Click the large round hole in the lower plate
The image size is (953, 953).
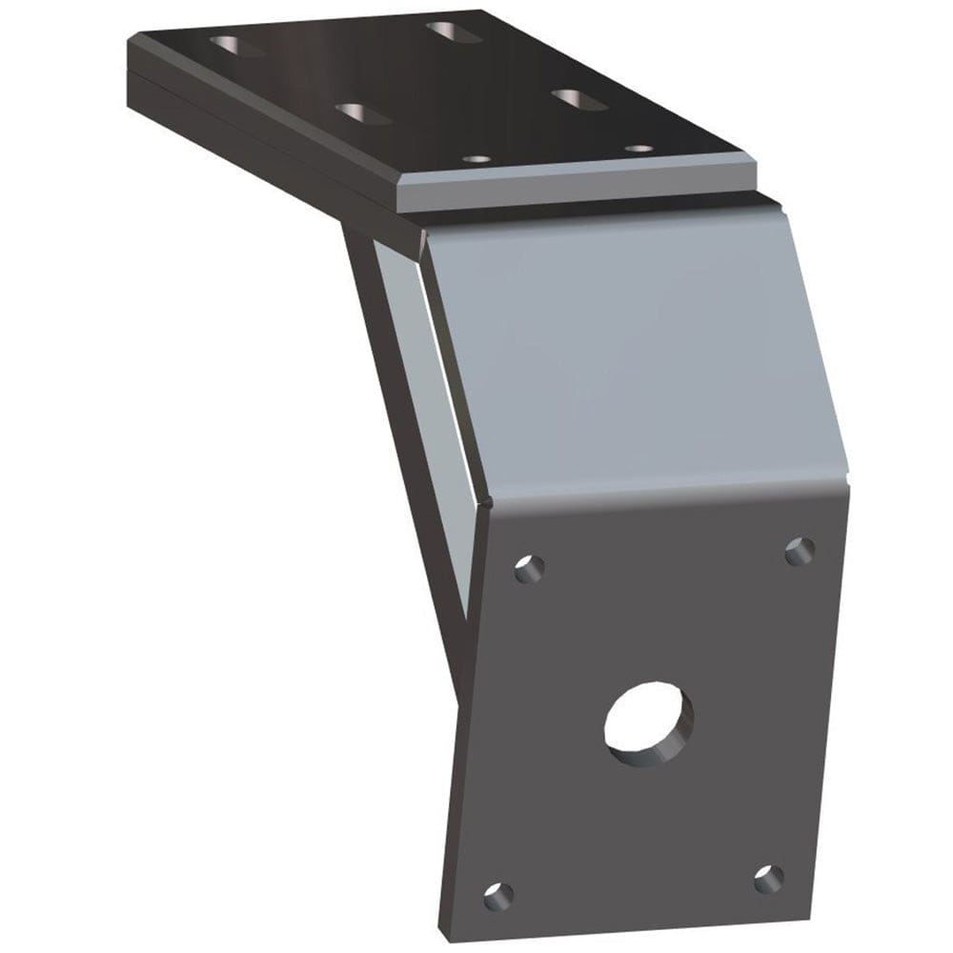point(649,723)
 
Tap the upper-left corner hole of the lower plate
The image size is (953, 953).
point(529,570)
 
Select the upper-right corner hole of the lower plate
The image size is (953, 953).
point(800,551)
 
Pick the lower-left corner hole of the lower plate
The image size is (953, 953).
point(497,896)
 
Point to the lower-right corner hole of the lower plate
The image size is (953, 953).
point(768,879)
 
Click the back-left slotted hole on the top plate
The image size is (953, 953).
point(237,45)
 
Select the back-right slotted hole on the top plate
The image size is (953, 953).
point(454,30)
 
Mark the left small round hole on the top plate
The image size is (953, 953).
point(476,159)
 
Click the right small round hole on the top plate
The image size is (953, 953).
point(639,149)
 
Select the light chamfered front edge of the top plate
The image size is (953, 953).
point(572,190)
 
